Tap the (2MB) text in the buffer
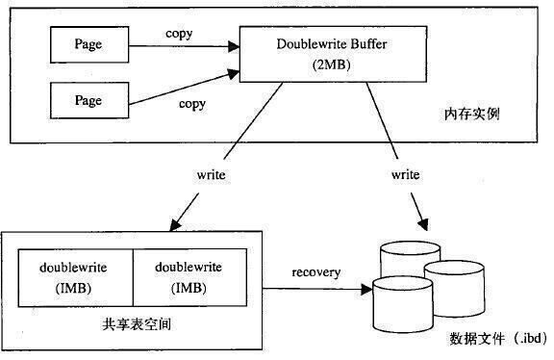(332, 64)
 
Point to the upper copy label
(179, 34)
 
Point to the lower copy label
(192, 104)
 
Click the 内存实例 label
(472, 114)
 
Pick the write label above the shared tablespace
(212, 174)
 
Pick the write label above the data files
(406, 174)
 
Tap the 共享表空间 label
(137, 324)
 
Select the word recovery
(316, 272)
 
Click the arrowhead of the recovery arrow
(366, 290)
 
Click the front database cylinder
(403, 305)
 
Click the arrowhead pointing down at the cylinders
(423, 224)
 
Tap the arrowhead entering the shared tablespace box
(175, 225)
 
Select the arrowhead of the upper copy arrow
(234, 46)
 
